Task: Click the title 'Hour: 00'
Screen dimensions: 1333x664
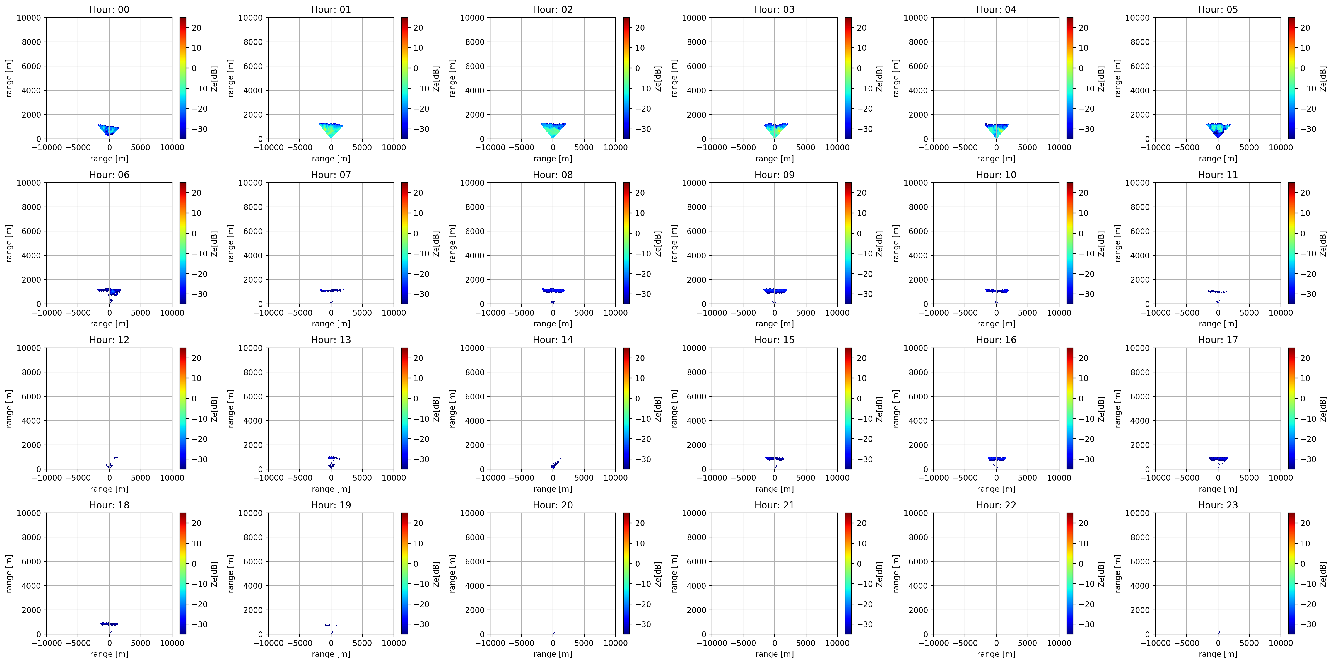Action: click(109, 9)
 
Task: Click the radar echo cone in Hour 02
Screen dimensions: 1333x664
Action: click(553, 129)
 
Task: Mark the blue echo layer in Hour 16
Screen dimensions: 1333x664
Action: click(996, 458)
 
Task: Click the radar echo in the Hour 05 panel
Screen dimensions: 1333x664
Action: click(1218, 129)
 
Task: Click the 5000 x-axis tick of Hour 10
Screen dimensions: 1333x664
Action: click(1027, 312)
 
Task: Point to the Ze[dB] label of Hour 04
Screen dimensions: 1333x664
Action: click(1101, 79)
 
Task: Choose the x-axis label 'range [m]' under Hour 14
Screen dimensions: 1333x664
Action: click(553, 489)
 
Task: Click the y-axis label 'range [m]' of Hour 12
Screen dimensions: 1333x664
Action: click(9, 409)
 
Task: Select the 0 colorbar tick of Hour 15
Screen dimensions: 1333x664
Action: click(859, 398)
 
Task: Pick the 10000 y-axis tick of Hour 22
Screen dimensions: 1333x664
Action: click(916, 513)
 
